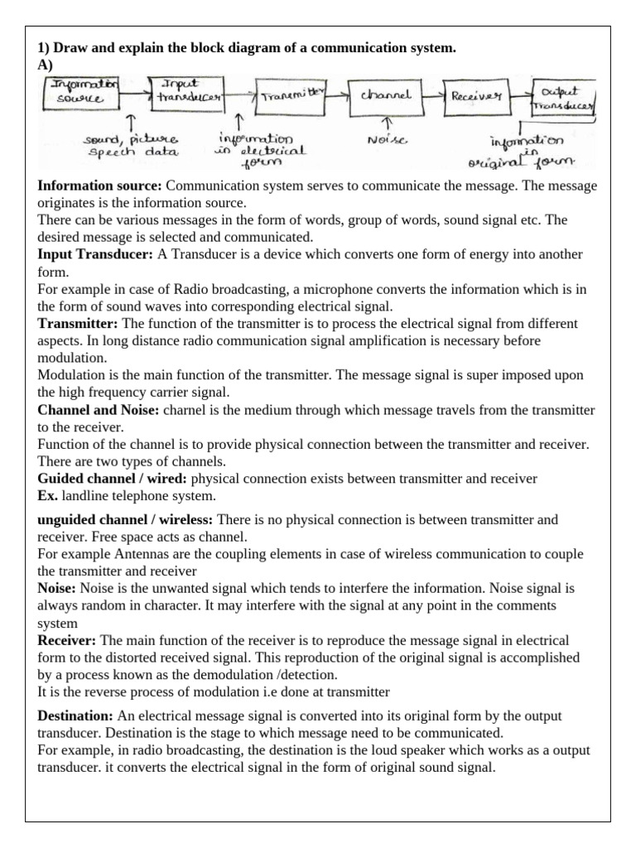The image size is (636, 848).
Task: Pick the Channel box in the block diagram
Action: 385,96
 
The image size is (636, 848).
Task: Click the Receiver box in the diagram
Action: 476,96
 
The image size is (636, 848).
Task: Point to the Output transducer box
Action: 567,98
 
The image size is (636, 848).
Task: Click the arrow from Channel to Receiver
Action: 433,96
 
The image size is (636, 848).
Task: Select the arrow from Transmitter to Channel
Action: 338,96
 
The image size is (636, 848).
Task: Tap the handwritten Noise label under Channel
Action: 386,141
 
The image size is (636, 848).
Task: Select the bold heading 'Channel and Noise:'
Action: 99,410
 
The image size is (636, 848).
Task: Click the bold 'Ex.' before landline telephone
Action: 48,496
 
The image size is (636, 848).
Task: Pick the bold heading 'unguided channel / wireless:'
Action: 125,519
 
